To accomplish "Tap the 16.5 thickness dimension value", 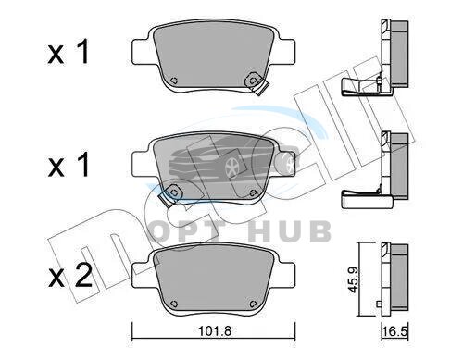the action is [x=395, y=332].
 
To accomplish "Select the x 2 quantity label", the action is [x=70, y=275].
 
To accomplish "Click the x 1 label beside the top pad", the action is [x=69, y=52].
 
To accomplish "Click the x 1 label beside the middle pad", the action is [x=69, y=165].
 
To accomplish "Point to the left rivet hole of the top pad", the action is [x=174, y=81].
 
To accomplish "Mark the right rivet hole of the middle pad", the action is [x=253, y=192].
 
